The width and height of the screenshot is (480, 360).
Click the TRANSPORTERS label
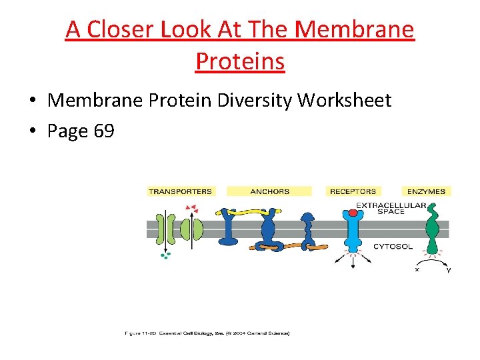[x=180, y=191]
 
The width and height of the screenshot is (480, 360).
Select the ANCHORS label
[x=269, y=191]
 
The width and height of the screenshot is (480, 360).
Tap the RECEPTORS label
[x=353, y=191]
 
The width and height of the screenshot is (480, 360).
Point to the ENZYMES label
[x=426, y=191]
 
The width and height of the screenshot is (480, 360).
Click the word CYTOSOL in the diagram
[x=393, y=247]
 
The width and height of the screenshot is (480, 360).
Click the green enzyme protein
[x=433, y=230]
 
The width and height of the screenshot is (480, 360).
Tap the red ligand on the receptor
[x=353, y=213]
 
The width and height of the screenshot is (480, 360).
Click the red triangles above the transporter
[x=191, y=209]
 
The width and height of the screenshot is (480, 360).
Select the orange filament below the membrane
[x=293, y=247]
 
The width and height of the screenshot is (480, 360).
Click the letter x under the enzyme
[x=417, y=270]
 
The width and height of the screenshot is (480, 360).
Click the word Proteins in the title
[x=240, y=61]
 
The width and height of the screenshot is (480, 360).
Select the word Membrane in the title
[x=353, y=29]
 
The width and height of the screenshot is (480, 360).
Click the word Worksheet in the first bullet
[x=344, y=101]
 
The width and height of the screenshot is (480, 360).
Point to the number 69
[x=103, y=131]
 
